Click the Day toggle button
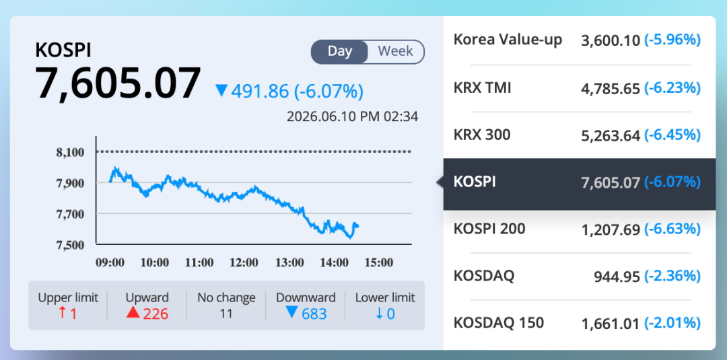(339, 51)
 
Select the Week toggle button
(396, 51)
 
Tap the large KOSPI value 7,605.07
(118, 84)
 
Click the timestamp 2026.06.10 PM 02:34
(352, 116)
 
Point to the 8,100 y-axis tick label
(71, 152)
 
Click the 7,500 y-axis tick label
(71, 245)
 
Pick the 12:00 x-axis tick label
(244, 263)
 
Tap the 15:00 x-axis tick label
(378, 263)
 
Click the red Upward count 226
(155, 314)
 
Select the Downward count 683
(314, 314)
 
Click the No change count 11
(226, 314)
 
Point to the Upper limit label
(68, 297)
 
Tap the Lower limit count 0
(390, 314)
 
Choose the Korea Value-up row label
(508, 40)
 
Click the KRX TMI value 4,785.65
(611, 88)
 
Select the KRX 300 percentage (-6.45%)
(672, 135)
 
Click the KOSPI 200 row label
(489, 228)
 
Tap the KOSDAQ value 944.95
(617, 277)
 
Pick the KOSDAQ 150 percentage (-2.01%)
(672, 323)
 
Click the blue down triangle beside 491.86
(221, 91)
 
